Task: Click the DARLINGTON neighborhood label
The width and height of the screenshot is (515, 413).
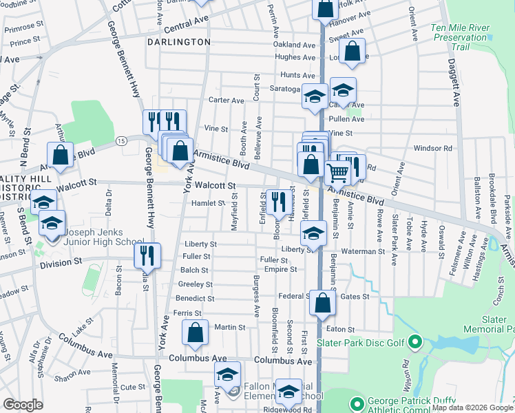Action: coord(178,42)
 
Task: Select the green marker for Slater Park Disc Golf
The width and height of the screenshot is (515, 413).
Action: coord(414,341)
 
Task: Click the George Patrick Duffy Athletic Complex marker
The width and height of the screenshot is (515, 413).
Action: coord(357,403)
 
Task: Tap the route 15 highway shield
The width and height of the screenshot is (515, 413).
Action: coord(121,140)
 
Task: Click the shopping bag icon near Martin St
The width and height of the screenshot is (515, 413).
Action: coord(196,332)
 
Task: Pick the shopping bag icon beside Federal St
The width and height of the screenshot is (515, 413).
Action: coord(322,303)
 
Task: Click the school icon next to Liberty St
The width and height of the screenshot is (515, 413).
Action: coord(313,233)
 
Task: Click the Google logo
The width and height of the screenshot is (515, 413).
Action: coord(23,405)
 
